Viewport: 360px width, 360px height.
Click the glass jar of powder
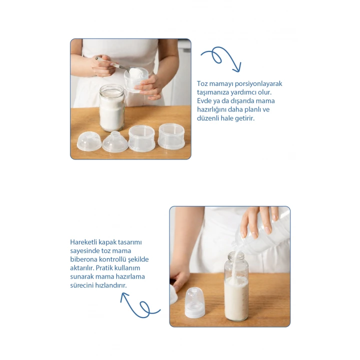pos(112,107)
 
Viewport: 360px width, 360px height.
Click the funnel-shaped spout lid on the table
pos(115,142)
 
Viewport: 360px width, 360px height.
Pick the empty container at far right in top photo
pos(171,136)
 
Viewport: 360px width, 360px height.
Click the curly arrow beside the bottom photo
pos(140,305)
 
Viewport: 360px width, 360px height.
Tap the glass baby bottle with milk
pos(236,286)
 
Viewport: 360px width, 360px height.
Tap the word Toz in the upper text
pos(202,83)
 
